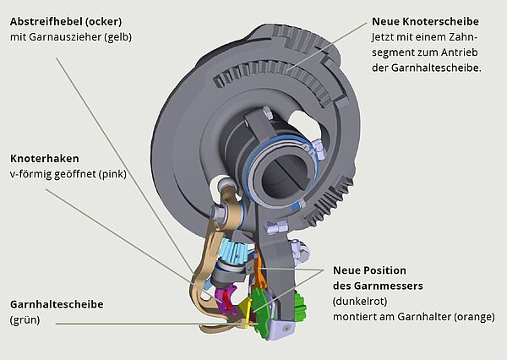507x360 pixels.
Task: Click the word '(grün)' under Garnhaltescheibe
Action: coord(28,319)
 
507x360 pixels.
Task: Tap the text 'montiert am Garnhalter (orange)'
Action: coord(416,317)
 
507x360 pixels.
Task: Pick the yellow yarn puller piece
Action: coord(245,306)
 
